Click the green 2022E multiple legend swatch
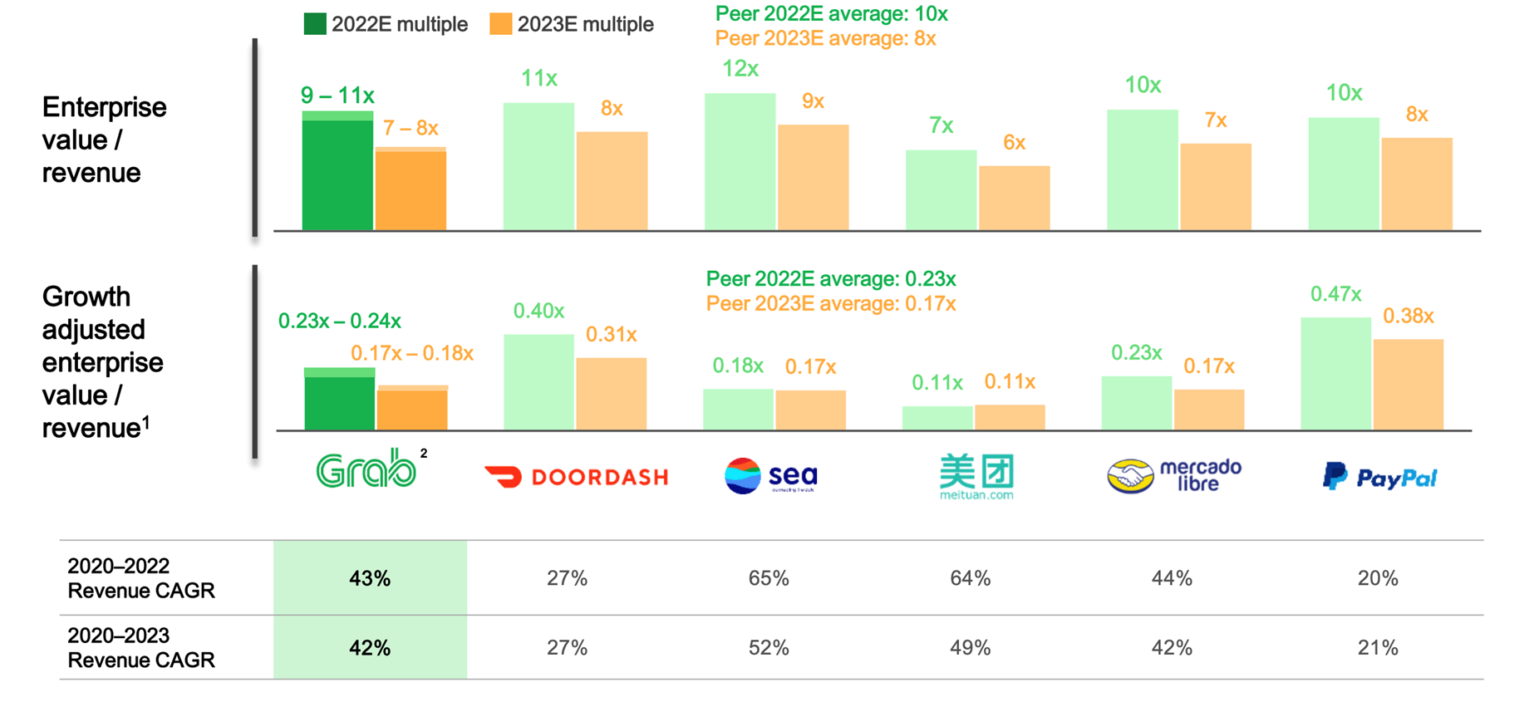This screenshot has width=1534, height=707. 315,24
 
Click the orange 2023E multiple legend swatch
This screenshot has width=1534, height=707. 501,24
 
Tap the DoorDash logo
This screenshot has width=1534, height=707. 577,477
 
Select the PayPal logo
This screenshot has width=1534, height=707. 1379,477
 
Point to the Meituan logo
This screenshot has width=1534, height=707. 976,475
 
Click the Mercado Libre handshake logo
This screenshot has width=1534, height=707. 1130,476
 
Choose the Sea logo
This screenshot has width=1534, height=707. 771,476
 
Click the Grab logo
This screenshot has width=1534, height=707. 366,470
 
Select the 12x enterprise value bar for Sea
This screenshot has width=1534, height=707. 740,162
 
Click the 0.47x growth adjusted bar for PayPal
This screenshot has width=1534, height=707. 1335,374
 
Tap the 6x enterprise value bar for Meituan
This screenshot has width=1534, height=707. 1014,199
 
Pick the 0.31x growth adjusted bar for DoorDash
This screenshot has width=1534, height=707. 612,394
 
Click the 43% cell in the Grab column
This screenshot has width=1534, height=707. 370,578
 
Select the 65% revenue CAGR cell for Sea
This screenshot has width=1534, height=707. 769,578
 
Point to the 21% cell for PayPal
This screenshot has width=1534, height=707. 1378,648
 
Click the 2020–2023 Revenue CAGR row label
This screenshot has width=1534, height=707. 141,648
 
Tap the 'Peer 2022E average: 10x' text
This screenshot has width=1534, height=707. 831,14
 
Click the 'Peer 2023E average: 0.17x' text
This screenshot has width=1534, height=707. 831,304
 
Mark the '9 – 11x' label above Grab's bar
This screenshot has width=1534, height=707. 337,96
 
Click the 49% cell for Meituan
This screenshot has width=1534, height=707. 970,648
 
